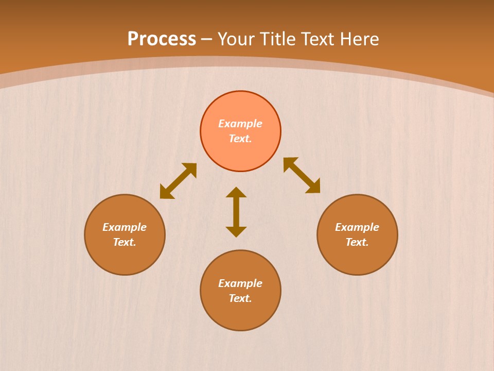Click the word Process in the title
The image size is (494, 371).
coord(162,39)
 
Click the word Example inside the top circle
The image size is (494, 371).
coord(240,124)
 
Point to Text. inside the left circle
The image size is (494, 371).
coord(125,242)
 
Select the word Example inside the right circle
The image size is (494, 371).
coord(357,227)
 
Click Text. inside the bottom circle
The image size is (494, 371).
coord(240,298)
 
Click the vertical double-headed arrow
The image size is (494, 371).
coord(236,212)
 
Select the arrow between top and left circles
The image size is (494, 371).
coord(178,181)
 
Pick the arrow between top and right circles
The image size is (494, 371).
coord(302,175)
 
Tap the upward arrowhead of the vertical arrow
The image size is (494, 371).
coord(236,192)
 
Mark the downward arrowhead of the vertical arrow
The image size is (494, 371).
coord(236,231)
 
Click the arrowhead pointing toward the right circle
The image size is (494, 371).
coord(314,187)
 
